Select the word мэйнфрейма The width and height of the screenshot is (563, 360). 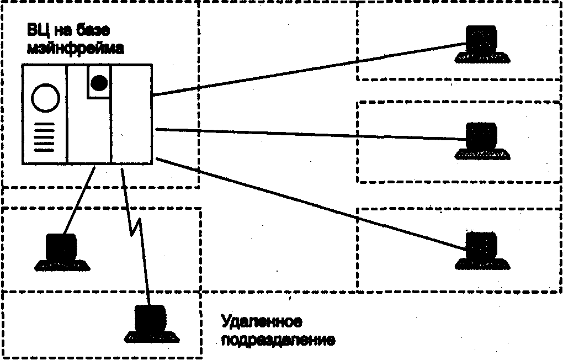75,48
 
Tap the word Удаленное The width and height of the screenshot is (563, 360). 261,321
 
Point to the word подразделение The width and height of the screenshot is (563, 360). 278,340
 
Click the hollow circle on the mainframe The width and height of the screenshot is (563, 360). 46,98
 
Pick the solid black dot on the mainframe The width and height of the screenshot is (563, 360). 99,83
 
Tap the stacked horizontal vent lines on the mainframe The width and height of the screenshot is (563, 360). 44,137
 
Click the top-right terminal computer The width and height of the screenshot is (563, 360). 482,44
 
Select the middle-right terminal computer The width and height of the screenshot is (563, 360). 482,141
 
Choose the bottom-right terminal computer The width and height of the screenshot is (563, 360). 482,251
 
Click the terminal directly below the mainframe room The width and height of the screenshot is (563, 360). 62,252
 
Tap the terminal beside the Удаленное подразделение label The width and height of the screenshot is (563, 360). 151,324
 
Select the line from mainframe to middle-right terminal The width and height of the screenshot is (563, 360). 311,134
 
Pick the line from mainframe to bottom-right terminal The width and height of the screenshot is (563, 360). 311,203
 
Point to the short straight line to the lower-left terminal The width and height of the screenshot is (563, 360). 79,200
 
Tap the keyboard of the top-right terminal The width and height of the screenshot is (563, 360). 482,58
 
